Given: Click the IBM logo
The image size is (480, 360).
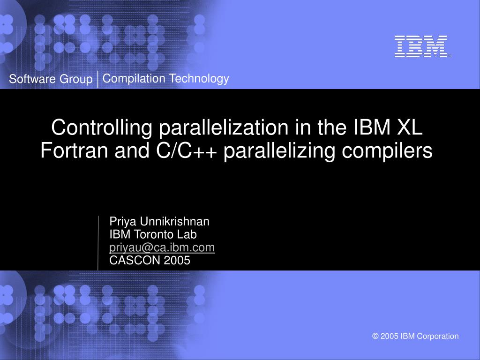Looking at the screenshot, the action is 421,46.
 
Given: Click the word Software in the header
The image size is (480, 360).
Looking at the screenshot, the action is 32,79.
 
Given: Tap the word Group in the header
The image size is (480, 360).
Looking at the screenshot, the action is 76,79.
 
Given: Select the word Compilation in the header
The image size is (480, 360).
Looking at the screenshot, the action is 134,79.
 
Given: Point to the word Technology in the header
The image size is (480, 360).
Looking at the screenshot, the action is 199,79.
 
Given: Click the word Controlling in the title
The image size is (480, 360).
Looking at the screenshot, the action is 102,127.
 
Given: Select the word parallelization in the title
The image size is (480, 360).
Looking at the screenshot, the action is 224,127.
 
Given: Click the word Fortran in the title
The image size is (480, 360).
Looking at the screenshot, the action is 74,150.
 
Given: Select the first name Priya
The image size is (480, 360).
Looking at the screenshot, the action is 123,222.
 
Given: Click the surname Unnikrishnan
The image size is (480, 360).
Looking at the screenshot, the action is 174,221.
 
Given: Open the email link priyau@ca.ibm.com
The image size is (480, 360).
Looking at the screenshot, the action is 162,247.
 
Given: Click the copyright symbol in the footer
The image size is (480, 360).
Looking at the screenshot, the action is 375,336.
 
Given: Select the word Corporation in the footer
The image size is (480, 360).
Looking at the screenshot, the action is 438,336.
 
